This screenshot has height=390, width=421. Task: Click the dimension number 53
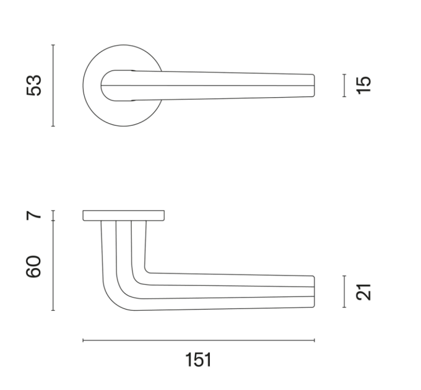[34, 85]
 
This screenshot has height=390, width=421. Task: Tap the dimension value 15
[363, 85]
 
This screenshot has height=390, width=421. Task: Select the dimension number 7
[34, 215]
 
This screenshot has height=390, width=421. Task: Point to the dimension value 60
[33, 266]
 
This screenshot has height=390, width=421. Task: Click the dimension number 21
[363, 292]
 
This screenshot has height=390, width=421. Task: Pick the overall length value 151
[198, 360]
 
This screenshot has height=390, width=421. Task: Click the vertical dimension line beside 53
[53, 85]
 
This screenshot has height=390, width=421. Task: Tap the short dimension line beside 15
[344, 85]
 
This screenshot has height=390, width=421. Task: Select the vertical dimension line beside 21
[344, 292]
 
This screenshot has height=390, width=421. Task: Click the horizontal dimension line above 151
[199, 340]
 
